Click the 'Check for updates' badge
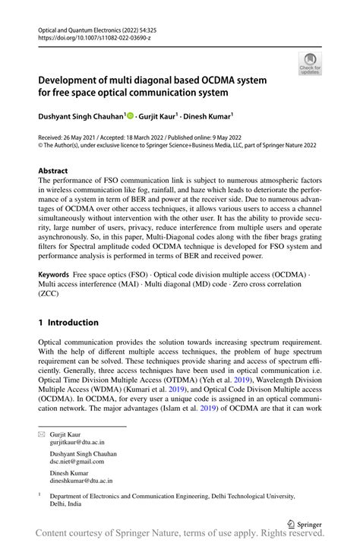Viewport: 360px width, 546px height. (x=310, y=65)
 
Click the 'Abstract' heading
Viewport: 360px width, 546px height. (x=53, y=172)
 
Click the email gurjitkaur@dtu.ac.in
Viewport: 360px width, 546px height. (x=77, y=441)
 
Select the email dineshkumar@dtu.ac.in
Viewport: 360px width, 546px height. (x=81, y=481)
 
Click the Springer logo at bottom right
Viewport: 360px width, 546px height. (x=302, y=523)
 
